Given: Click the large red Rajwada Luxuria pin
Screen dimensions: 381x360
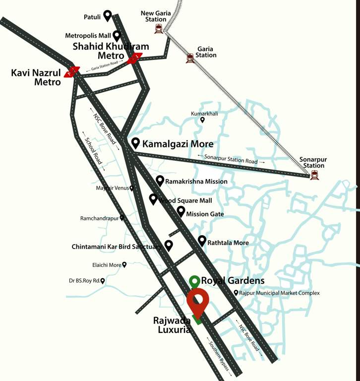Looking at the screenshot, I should (x=197, y=303).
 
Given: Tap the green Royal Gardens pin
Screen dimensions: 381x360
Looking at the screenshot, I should (x=195, y=281).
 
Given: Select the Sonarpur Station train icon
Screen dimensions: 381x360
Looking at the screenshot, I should (x=314, y=175).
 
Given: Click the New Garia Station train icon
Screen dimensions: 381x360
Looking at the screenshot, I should (x=159, y=29).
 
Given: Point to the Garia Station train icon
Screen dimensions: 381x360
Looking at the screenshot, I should (x=190, y=58).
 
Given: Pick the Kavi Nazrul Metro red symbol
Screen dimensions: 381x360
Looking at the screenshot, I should (x=72, y=72).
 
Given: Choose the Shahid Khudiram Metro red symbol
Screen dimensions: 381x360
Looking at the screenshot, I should (x=134, y=59).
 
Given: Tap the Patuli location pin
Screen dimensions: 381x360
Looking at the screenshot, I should (x=107, y=16).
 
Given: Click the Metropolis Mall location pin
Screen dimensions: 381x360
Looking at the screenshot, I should (x=117, y=35).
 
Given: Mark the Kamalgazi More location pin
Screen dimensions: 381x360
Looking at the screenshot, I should (x=135, y=143).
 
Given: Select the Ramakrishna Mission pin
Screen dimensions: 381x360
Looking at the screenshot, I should (x=160, y=181).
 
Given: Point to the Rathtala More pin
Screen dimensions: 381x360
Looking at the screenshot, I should (x=202, y=241).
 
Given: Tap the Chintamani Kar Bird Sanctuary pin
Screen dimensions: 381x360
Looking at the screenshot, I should (x=169, y=245).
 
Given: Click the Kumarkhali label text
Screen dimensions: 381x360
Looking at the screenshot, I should (x=204, y=114).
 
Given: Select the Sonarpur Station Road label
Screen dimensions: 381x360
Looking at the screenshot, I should (x=231, y=159).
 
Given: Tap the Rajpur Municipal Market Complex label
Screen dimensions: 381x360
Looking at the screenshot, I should (x=279, y=293).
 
